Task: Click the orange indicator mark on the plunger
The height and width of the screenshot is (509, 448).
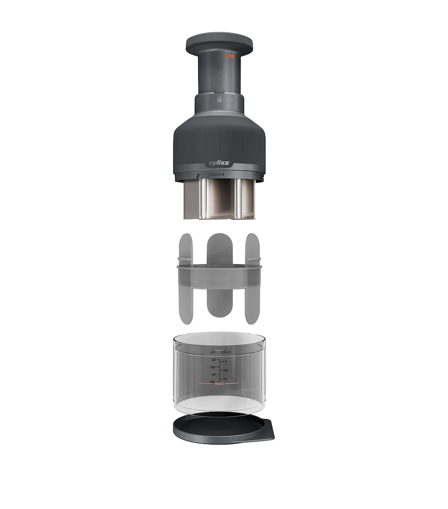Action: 230,56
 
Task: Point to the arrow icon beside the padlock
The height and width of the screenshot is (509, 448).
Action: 232,99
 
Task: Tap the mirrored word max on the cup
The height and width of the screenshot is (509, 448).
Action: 221,384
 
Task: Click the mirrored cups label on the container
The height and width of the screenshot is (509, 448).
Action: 226,351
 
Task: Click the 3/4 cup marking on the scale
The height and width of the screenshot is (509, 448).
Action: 225,370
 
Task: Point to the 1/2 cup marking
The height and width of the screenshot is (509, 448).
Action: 225,378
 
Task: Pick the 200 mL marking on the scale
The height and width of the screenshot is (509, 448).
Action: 213,367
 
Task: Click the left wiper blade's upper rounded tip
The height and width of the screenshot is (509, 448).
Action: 186,241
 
